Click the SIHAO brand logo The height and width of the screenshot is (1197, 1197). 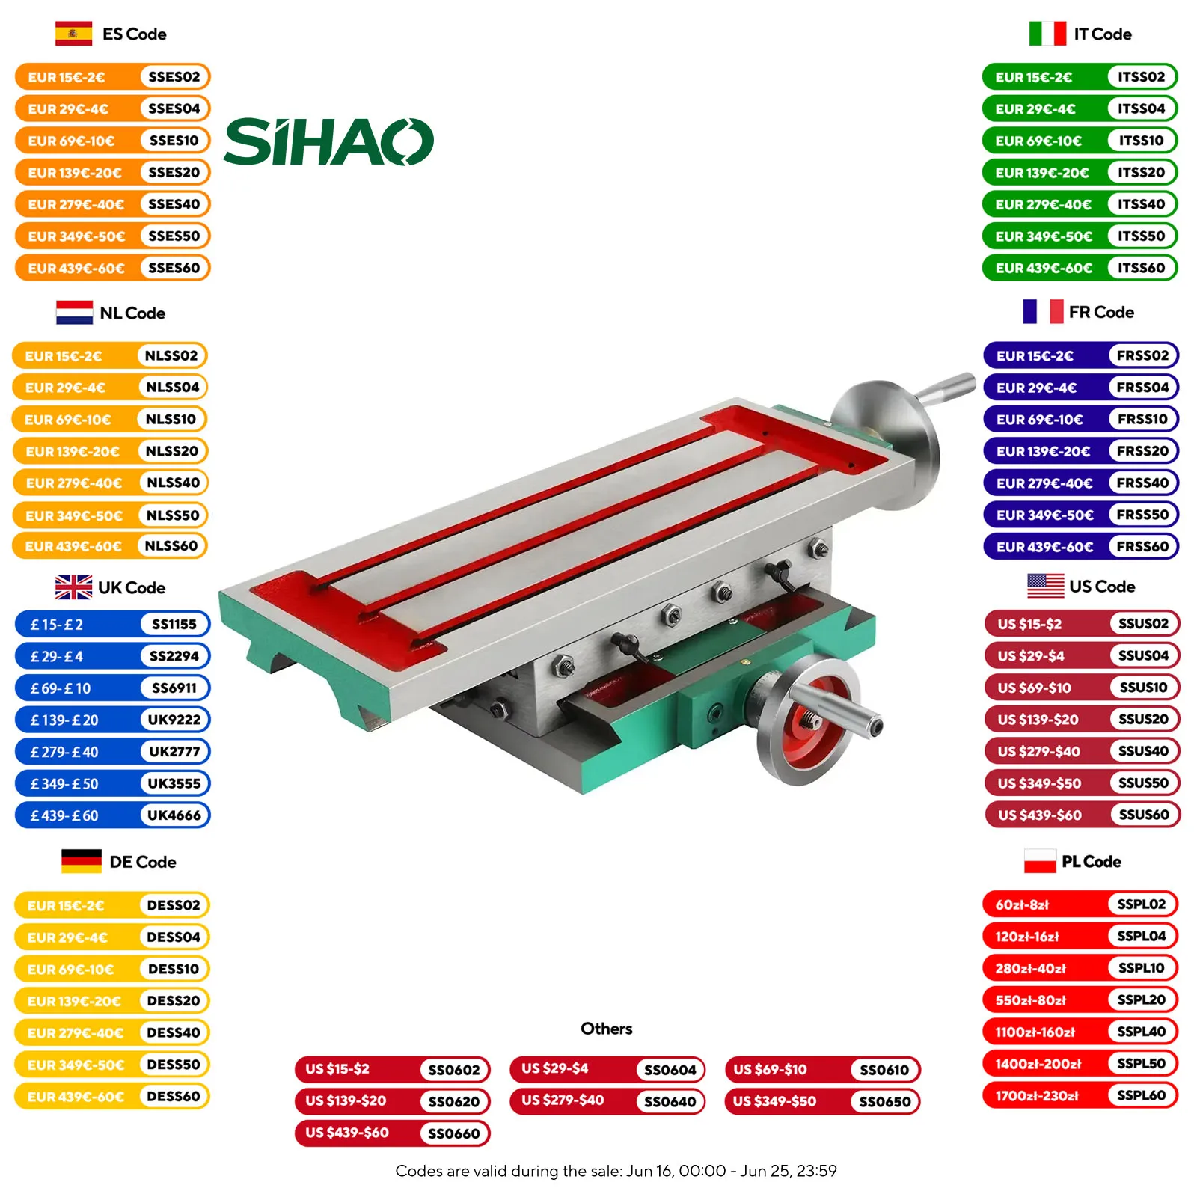328,142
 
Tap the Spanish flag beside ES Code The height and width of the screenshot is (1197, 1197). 73,34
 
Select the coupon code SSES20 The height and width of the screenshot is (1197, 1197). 174,172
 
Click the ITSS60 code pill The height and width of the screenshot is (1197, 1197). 1141,268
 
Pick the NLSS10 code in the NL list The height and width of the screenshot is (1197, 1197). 171,420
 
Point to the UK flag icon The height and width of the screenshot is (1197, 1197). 73,587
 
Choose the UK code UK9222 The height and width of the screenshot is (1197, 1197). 174,720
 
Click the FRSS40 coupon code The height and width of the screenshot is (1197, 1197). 1142,483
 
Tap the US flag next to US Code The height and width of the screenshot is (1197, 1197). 1045,586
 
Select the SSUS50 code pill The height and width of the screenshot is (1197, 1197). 1143,783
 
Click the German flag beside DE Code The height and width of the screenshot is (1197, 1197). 81,862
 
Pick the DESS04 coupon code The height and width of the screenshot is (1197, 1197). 173,937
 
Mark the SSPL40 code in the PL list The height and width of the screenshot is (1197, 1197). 1141,1032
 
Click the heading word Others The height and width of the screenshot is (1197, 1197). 606,1029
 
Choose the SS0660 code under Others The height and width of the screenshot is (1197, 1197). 453,1134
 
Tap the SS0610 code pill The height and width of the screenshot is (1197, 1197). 884,1070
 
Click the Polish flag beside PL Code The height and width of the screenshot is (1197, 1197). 1039,861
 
